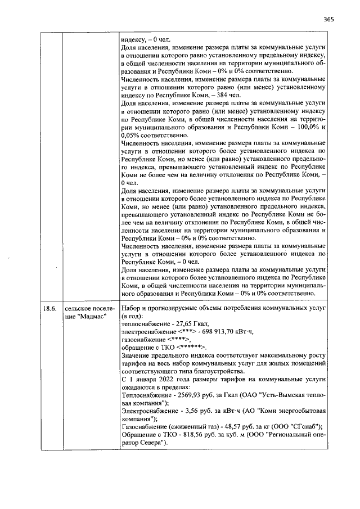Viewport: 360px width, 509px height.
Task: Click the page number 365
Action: [x=328, y=19]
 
